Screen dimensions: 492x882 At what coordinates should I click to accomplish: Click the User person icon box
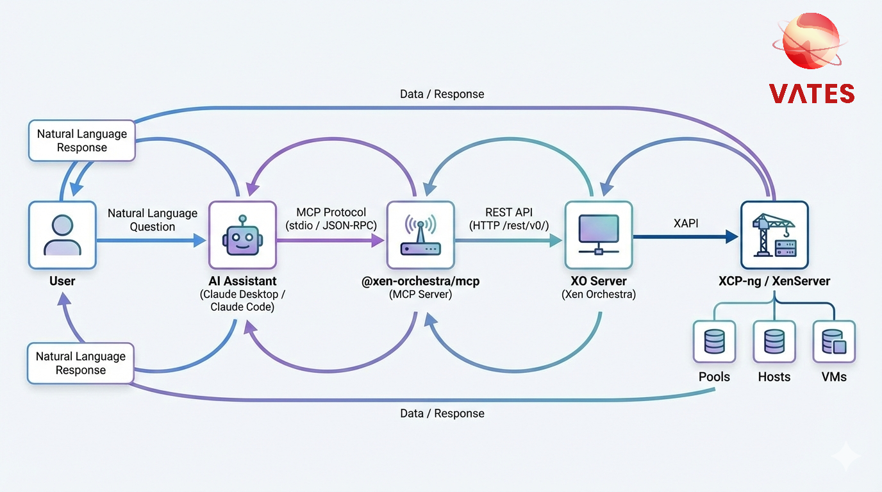[x=62, y=235]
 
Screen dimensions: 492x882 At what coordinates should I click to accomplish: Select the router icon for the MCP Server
[x=420, y=235]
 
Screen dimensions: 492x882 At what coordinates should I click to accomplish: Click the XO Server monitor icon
[x=598, y=235]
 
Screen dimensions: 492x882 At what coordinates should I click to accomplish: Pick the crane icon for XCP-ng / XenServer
[x=774, y=235]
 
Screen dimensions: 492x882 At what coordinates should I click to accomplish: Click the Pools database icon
[x=714, y=342]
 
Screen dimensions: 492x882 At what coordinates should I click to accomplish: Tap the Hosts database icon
[x=774, y=342]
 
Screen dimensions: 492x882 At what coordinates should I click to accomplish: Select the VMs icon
[x=834, y=342]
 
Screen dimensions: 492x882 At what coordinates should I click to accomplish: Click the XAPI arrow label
[x=686, y=223]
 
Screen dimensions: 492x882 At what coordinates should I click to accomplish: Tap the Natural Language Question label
[x=153, y=220]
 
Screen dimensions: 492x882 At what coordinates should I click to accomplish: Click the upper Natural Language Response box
[x=82, y=141]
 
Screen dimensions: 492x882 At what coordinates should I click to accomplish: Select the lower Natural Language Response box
[x=81, y=363]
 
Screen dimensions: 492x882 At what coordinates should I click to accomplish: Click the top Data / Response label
[x=442, y=94]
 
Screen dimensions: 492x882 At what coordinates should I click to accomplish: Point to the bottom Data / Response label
[x=442, y=413]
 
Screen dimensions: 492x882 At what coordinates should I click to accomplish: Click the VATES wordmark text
[x=811, y=94]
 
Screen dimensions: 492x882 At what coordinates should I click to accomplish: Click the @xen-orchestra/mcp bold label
[x=420, y=281]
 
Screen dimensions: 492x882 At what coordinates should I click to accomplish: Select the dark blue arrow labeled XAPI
[x=686, y=236]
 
